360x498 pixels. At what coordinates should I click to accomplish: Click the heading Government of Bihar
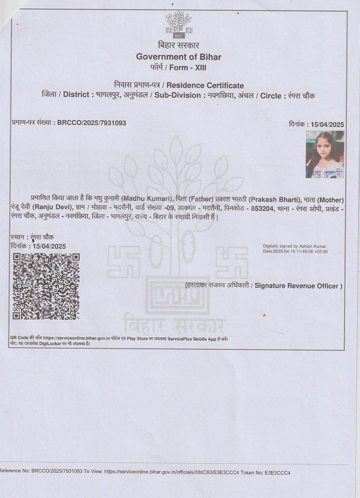tap(178, 56)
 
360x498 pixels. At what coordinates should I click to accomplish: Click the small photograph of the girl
tap(325, 154)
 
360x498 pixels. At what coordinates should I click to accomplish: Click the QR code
tap(46, 286)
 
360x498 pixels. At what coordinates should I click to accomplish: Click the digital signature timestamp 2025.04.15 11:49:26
tap(298, 251)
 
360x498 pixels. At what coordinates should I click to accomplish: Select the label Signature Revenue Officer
tap(298, 286)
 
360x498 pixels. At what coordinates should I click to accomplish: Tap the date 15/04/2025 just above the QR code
tap(49, 246)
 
